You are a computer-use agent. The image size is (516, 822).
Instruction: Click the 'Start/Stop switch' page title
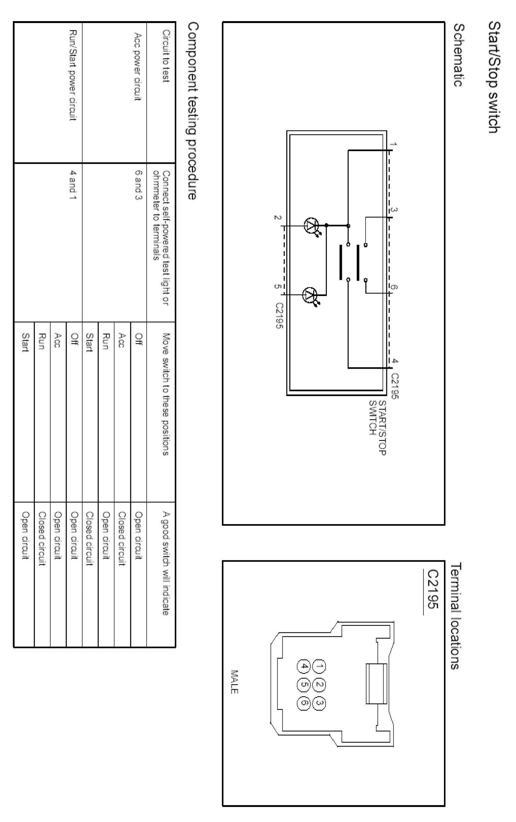click(x=494, y=77)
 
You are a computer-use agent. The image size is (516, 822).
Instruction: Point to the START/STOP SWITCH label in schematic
click(x=377, y=428)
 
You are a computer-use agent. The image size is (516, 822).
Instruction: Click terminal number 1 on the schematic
click(x=393, y=144)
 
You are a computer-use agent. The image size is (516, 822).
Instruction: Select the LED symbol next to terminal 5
click(x=310, y=294)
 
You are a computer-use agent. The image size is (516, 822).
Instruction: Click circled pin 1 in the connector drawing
click(x=319, y=666)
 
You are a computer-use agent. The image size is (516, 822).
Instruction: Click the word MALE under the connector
click(x=234, y=682)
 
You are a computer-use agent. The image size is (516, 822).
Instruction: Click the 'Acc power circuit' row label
click(x=138, y=67)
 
